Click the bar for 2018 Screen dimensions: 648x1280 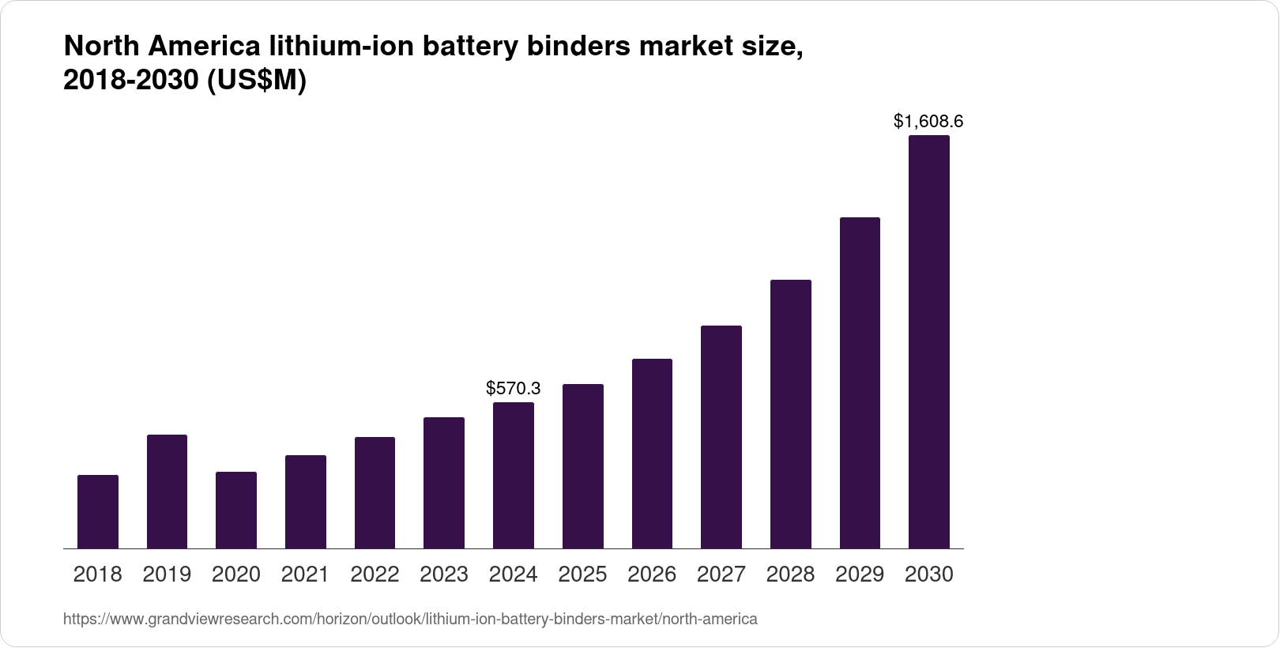point(98,511)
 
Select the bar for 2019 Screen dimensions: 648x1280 point(167,492)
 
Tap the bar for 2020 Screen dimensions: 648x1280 point(236,510)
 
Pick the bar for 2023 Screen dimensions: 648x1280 point(444,483)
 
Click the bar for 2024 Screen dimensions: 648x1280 point(513,475)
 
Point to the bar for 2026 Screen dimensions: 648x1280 point(652,454)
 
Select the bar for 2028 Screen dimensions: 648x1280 point(790,414)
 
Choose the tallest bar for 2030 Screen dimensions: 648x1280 point(929,341)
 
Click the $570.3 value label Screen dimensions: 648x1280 point(513,388)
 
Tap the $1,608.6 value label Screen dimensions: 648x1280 point(928,121)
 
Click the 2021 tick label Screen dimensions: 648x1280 point(305,575)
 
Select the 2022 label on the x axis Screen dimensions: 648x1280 point(375,575)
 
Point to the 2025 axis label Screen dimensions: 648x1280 point(582,575)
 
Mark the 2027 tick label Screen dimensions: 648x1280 point(721,575)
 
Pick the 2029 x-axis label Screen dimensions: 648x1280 point(860,575)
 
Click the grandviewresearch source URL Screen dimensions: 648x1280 point(409,620)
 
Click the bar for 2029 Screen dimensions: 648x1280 point(860,382)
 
